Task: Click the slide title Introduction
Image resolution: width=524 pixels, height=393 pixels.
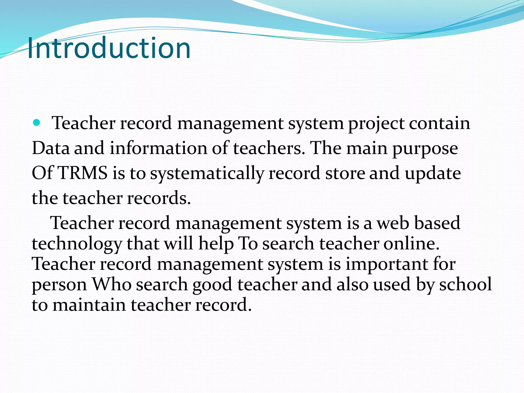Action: (x=109, y=48)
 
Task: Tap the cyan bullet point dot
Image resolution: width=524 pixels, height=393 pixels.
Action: (x=37, y=123)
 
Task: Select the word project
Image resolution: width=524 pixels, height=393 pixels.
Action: (x=376, y=124)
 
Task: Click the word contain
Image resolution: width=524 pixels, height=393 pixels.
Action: (x=439, y=123)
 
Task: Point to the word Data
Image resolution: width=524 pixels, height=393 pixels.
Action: (x=51, y=148)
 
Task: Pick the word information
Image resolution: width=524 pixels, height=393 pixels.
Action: (x=158, y=148)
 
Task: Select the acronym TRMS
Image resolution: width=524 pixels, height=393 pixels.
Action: (x=83, y=173)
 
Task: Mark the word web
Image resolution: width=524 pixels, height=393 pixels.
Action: (x=393, y=223)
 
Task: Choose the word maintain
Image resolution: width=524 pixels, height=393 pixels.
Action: (x=89, y=305)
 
